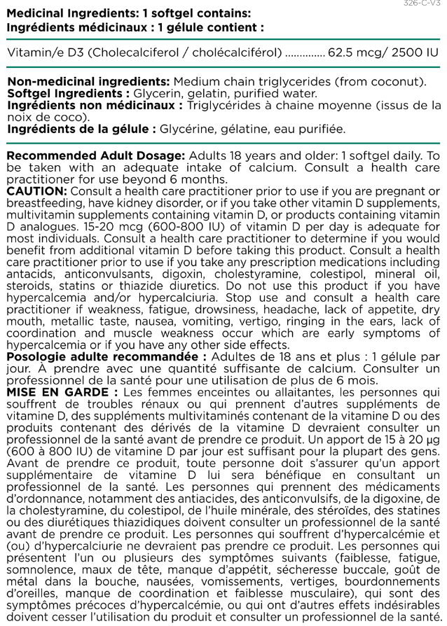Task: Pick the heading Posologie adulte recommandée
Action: (105, 356)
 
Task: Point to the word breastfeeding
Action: (39, 203)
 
